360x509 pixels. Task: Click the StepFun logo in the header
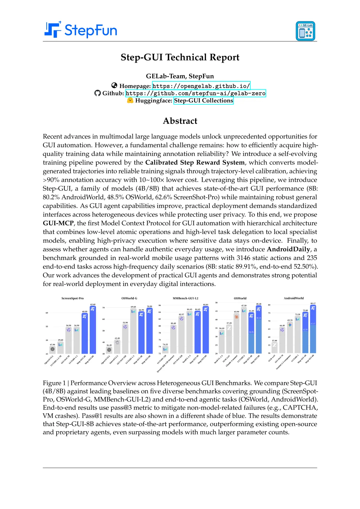click(x=81, y=30)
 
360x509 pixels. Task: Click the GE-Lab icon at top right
click(x=305, y=31)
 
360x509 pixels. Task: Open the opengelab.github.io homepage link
click(x=201, y=86)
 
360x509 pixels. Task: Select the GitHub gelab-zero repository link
click(x=195, y=93)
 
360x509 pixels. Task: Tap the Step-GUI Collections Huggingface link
click(x=203, y=101)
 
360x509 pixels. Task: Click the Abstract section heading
click(x=180, y=121)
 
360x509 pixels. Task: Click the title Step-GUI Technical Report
click(x=180, y=57)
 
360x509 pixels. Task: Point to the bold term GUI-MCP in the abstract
click(x=58, y=223)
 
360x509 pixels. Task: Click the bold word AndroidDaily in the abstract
click(x=288, y=249)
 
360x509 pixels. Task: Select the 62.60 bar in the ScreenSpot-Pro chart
click(x=93, y=330)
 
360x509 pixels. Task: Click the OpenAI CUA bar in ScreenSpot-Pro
click(x=52, y=350)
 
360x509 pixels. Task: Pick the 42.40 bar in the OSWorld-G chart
click(x=117, y=347)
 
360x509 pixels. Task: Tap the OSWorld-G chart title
click(x=129, y=298)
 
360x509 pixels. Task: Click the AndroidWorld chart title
click(x=294, y=298)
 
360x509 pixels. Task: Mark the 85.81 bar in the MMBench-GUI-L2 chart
click(x=206, y=330)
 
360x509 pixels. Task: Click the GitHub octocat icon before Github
click(x=97, y=93)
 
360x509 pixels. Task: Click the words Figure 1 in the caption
click(x=54, y=383)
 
